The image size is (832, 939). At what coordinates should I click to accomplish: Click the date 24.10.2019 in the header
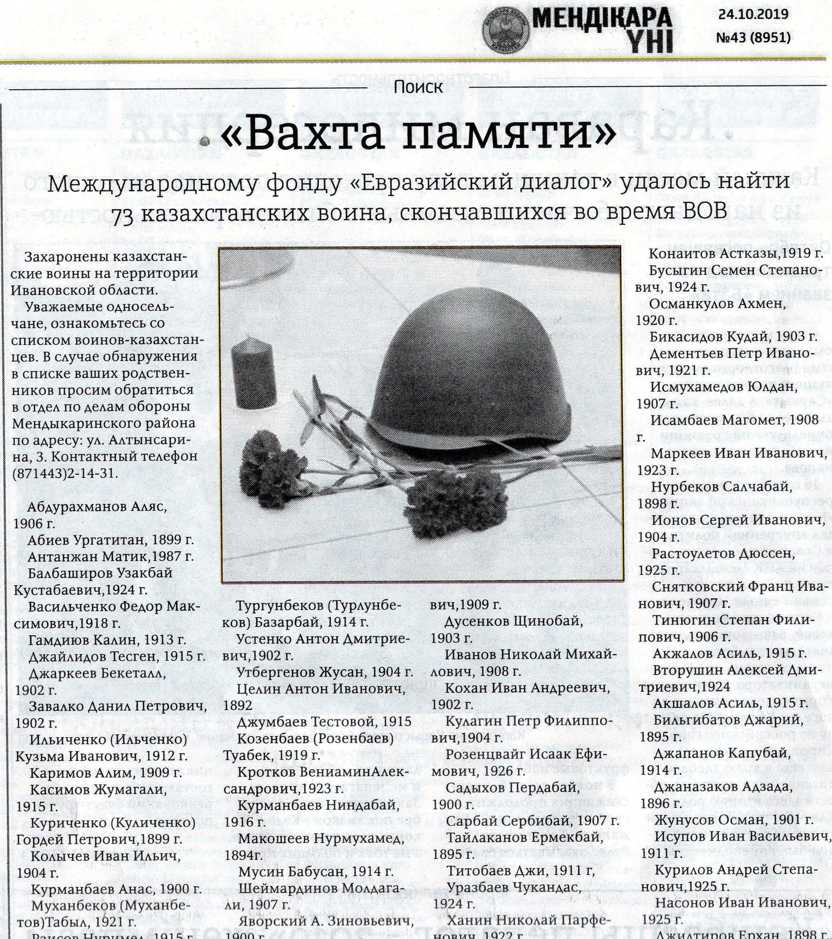[753, 15]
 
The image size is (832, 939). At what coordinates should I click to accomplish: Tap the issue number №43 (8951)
[753, 37]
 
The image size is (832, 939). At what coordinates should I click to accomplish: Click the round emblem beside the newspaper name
[505, 28]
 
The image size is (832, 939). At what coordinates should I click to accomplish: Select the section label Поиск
[418, 86]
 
